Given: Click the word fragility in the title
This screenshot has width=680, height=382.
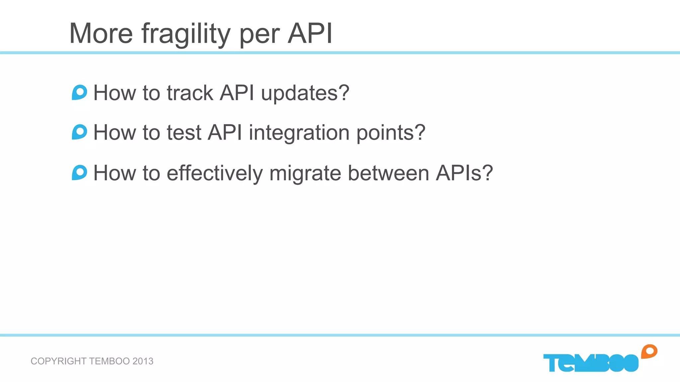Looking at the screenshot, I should pos(186,34).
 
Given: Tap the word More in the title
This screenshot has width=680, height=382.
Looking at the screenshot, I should pos(101,33).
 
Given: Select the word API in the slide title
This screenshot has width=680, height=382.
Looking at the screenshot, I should pos(310,33).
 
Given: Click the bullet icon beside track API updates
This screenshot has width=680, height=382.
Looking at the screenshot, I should pos(79,93).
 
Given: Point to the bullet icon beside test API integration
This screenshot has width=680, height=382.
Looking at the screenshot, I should pos(79,132).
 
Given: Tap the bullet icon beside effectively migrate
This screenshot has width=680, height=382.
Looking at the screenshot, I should pos(79,172).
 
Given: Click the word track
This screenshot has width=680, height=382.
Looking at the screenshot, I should pos(190,93).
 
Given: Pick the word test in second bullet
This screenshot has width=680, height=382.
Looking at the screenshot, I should pos(184,133).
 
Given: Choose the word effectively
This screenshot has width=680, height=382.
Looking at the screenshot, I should pos(214,173).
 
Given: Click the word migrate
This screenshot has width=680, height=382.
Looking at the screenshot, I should pos(305,174).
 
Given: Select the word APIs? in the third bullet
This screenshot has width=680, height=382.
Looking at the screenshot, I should pos(464,173).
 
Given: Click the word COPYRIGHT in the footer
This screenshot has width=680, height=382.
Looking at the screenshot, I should pos(58,361).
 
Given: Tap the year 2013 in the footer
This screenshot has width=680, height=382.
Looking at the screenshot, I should pos(143,361).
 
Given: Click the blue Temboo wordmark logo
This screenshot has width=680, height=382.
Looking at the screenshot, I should pos(591,363).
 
